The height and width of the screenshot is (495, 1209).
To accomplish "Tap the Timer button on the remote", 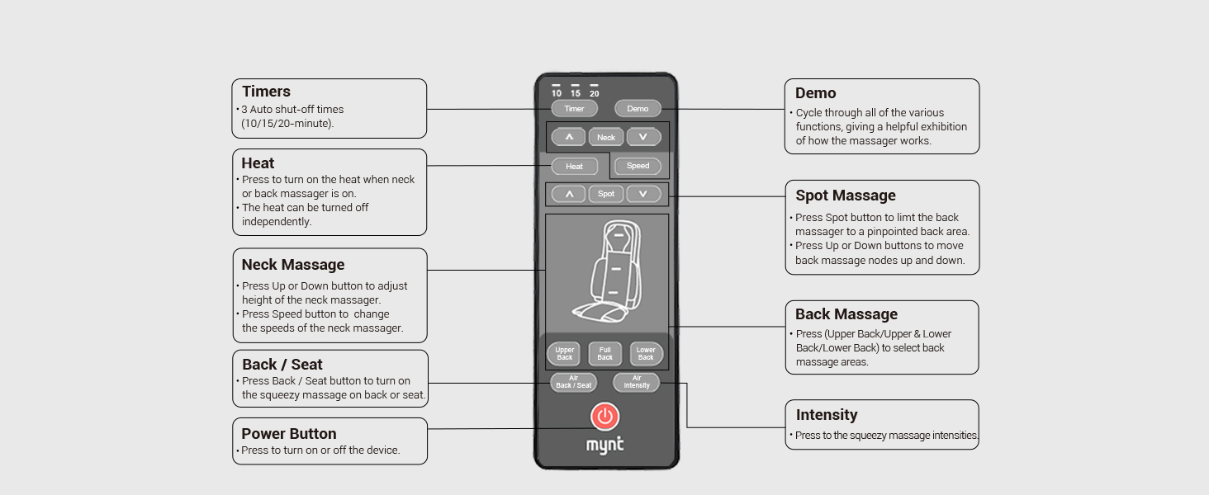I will tap(574, 108).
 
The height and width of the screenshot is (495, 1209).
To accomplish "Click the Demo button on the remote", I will tap(638, 108).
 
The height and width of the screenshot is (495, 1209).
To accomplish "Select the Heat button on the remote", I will tap(574, 166).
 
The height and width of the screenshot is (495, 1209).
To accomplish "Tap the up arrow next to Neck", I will tap(568, 136).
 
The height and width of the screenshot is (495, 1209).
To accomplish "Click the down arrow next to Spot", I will tap(643, 194).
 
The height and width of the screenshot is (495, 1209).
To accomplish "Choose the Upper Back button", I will tap(564, 354).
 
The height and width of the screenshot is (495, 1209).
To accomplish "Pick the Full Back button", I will tap(605, 354).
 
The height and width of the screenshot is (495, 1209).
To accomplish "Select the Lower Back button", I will tap(646, 354).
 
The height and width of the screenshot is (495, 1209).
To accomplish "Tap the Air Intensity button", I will tap(636, 382).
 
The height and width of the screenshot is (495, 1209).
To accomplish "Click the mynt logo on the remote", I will tap(605, 445).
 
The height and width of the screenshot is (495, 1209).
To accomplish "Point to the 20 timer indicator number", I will tap(594, 92).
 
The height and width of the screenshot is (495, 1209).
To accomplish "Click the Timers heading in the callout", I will tap(266, 92).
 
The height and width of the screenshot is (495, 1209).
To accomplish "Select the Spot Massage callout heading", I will tap(845, 196).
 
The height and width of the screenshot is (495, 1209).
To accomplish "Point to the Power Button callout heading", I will tap(288, 434).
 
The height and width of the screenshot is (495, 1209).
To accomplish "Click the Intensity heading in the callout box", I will tap(826, 415).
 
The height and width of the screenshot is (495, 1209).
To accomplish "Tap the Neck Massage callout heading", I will tap(292, 265).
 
